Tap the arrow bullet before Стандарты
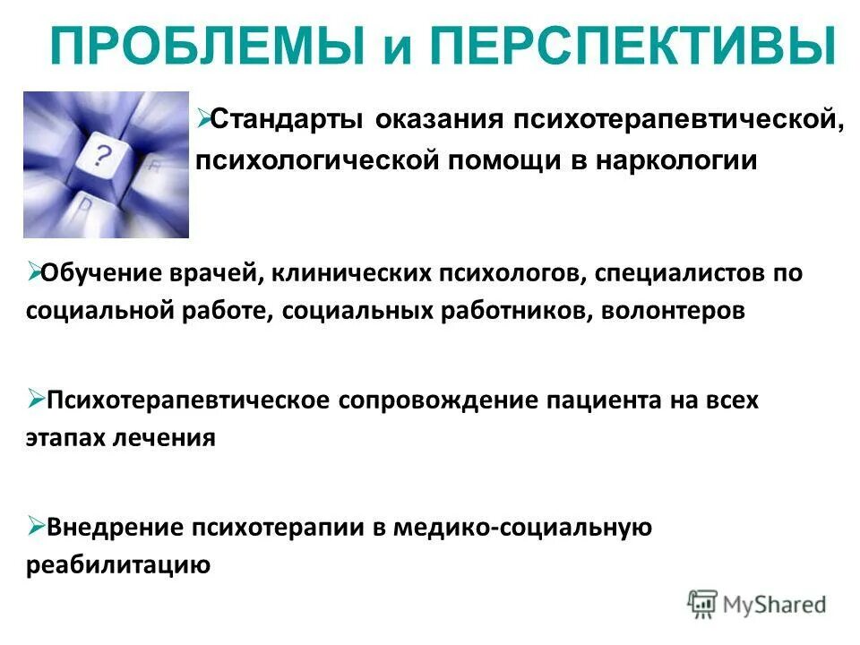click(x=203, y=116)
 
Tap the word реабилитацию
click(x=118, y=566)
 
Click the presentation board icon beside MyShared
click(x=702, y=605)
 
